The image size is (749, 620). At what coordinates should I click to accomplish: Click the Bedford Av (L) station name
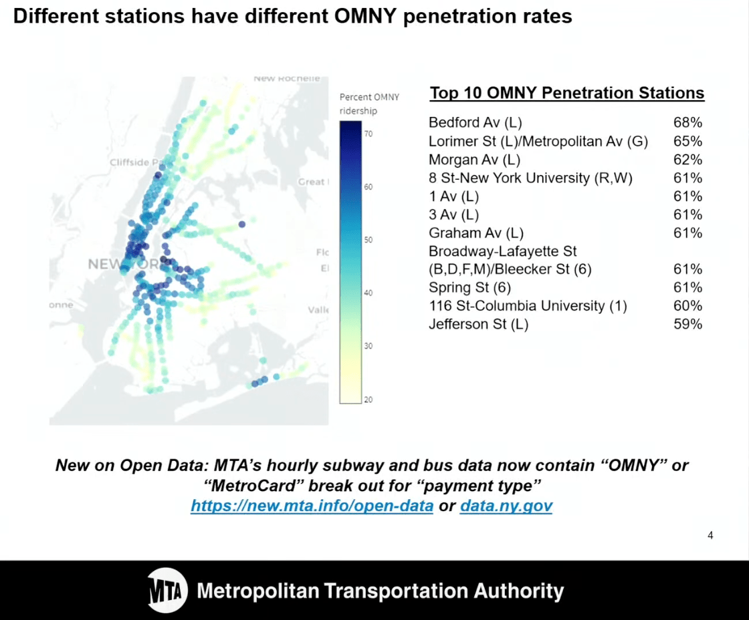click(475, 123)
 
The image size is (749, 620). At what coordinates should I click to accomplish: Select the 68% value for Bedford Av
click(687, 123)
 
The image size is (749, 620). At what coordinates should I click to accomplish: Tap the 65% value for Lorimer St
click(687, 142)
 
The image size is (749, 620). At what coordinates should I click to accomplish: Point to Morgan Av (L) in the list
click(474, 160)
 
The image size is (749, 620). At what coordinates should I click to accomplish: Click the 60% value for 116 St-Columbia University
click(687, 305)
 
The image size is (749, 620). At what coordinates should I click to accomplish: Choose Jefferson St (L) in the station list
click(478, 324)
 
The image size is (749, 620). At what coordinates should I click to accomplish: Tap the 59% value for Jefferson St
click(687, 324)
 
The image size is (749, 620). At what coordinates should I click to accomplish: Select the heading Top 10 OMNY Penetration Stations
click(566, 93)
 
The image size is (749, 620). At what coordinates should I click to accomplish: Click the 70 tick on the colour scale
click(368, 134)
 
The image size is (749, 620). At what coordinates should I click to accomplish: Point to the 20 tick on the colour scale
click(368, 400)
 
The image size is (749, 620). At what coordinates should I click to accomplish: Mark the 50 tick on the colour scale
click(368, 240)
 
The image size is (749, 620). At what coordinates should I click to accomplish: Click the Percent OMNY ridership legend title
click(369, 104)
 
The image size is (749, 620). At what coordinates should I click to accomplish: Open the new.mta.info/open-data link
click(312, 506)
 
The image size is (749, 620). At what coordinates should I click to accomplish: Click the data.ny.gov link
click(506, 506)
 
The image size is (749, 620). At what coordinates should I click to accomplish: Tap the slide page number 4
click(710, 535)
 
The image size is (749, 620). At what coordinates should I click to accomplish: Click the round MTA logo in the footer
click(167, 591)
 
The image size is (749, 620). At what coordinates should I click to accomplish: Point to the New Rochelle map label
click(286, 79)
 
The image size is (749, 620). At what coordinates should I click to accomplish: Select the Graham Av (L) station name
click(475, 232)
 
